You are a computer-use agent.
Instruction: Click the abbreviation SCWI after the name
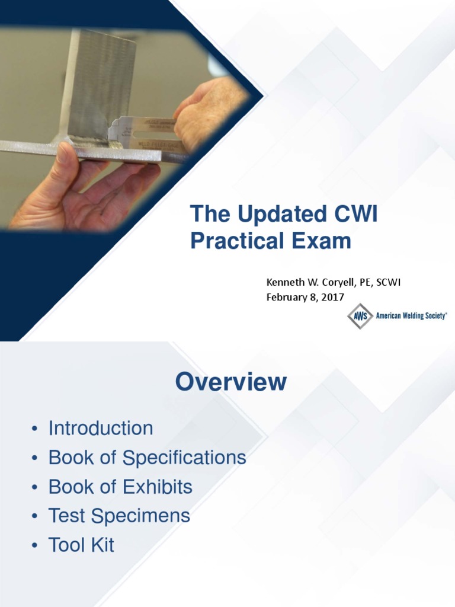(388, 283)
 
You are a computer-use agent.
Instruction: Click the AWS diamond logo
(360, 316)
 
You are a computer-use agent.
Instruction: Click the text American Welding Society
(411, 316)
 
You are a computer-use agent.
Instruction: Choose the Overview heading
(230, 382)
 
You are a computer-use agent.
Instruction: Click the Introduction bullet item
(101, 428)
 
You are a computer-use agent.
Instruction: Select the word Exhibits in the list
(157, 487)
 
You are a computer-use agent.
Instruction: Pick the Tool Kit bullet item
(81, 545)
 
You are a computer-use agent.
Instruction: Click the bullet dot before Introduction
(35, 429)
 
